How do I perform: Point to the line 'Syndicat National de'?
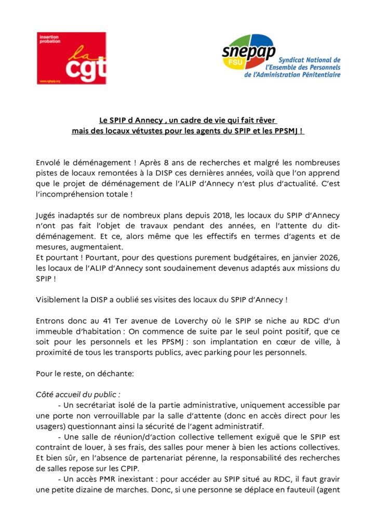tap(310, 60)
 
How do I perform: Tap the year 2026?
tap(329, 258)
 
